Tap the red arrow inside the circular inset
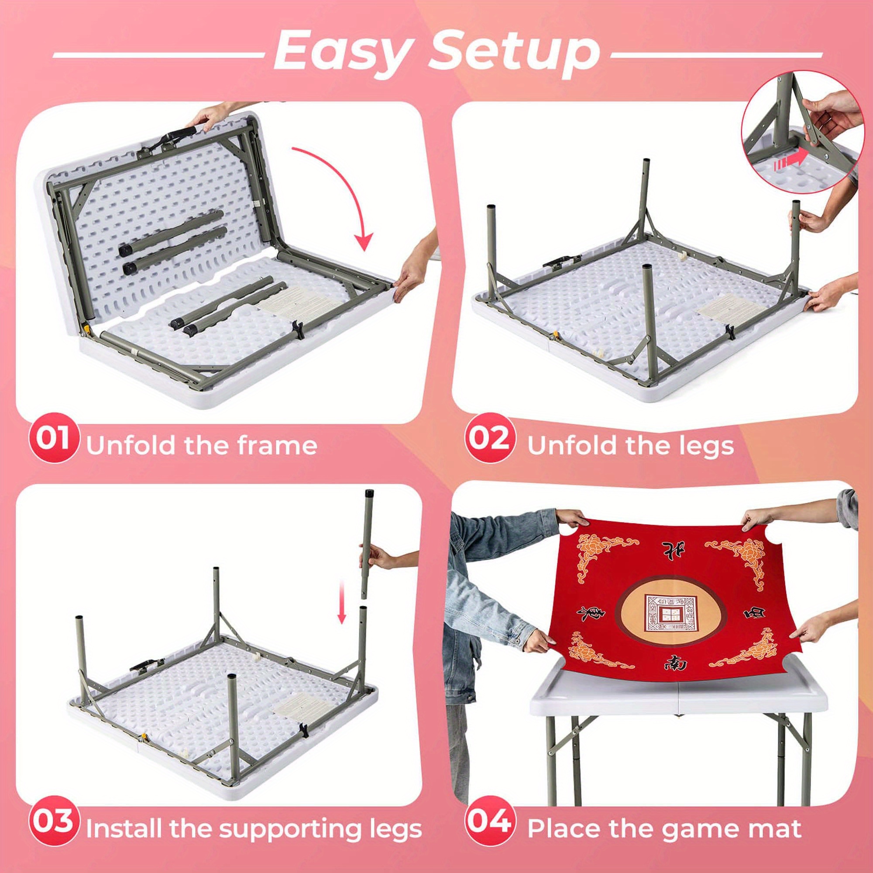(790, 163)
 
